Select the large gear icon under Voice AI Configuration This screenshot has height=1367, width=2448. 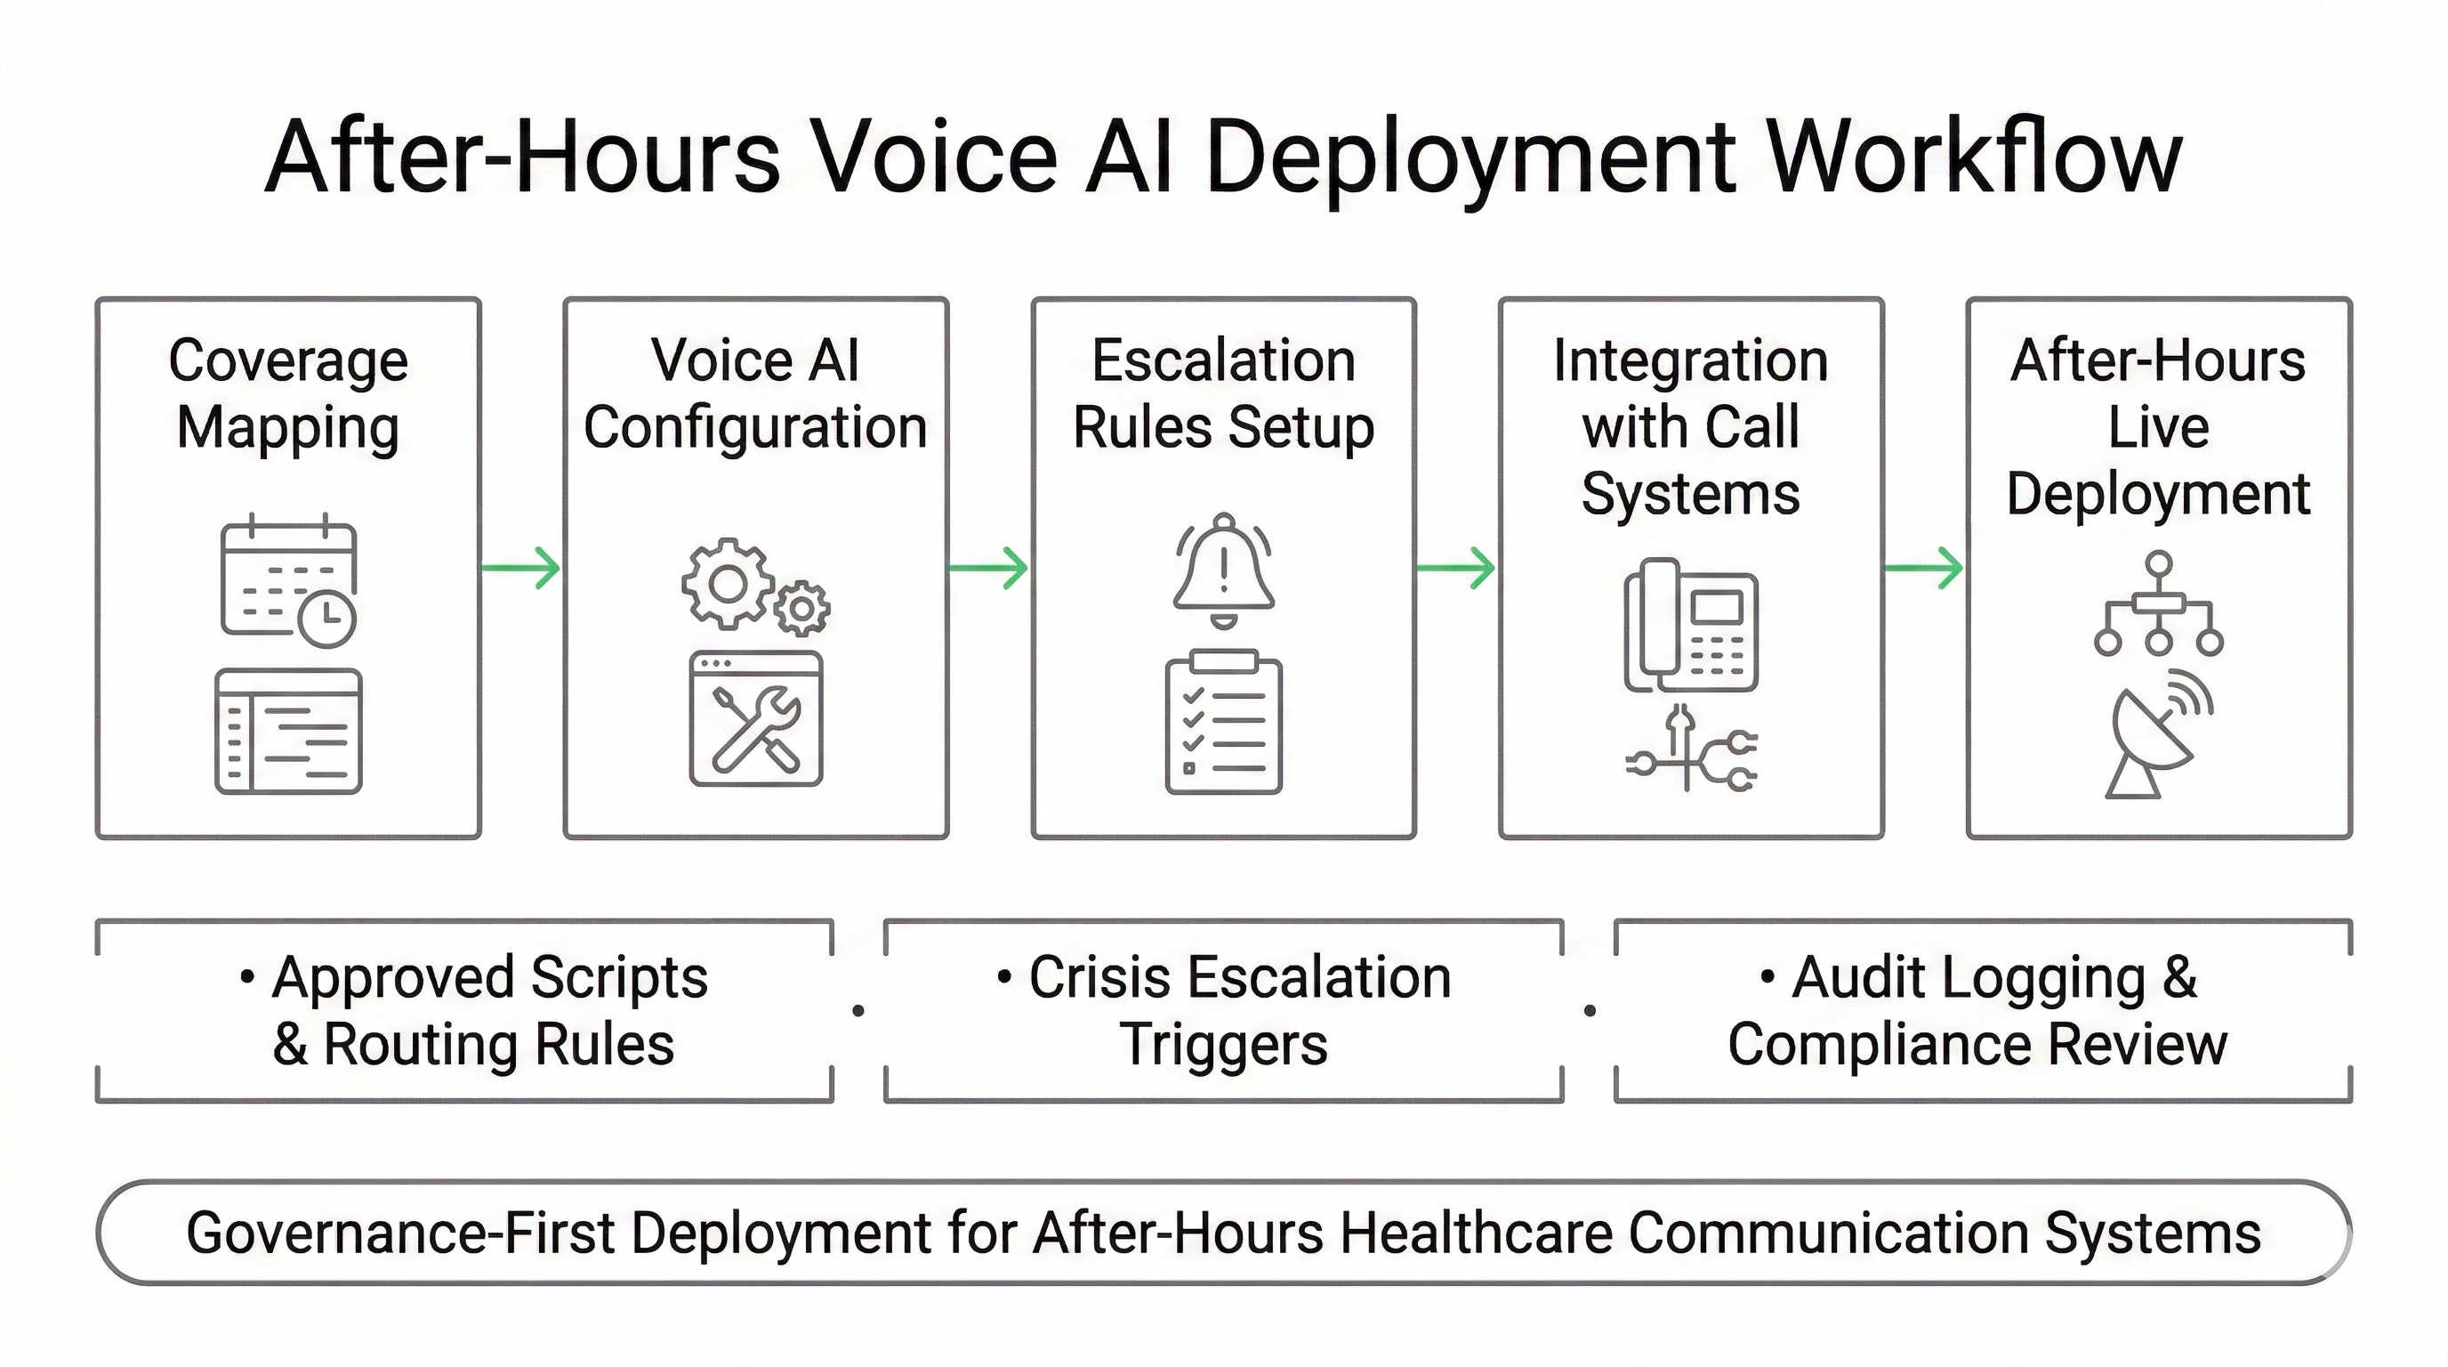pyautogui.click(x=727, y=583)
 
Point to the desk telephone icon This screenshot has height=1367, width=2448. pyautogui.click(x=1691, y=625)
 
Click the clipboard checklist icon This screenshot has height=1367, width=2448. pyautogui.click(x=1223, y=723)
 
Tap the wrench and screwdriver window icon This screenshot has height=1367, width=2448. pyautogui.click(x=756, y=720)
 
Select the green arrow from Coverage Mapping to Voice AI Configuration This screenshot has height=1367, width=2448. pyautogui.click(x=520, y=569)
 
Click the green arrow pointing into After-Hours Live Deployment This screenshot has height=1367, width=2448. pyautogui.click(x=1923, y=569)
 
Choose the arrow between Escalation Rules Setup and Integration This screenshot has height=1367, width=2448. pyautogui.click(x=1456, y=569)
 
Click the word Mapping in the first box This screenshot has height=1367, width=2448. pyautogui.click(x=288, y=428)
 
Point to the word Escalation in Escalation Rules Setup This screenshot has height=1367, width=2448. pyautogui.click(x=1223, y=361)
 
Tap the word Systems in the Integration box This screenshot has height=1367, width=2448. pyautogui.click(x=1691, y=494)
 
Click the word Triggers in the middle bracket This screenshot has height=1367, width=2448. pyautogui.click(x=1223, y=1045)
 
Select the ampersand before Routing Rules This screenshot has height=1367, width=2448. pyautogui.click(x=290, y=1045)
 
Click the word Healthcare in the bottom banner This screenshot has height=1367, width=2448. pyautogui.click(x=1475, y=1233)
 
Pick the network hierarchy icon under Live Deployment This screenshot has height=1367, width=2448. pyautogui.click(x=2158, y=603)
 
